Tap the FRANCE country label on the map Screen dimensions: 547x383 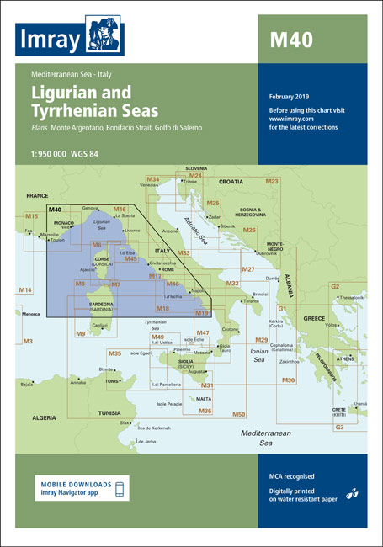click(x=38, y=195)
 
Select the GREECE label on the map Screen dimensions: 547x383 click(x=314, y=318)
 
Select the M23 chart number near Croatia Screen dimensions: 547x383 click(x=272, y=182)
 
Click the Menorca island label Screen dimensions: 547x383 click(x=32, y=314)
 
